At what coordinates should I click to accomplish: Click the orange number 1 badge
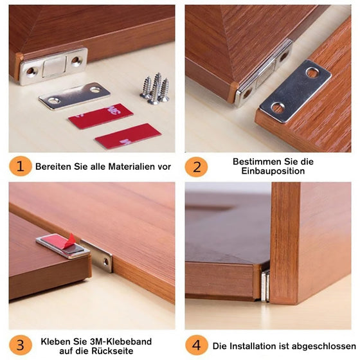point(20,166)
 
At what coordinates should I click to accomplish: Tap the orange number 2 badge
point(196,166)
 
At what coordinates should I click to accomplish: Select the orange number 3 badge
point(20,345)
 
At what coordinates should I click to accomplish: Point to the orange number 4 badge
point(196,345)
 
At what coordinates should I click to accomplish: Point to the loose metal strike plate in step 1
point(74,95)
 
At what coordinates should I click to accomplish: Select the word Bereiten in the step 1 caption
point(52,166)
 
